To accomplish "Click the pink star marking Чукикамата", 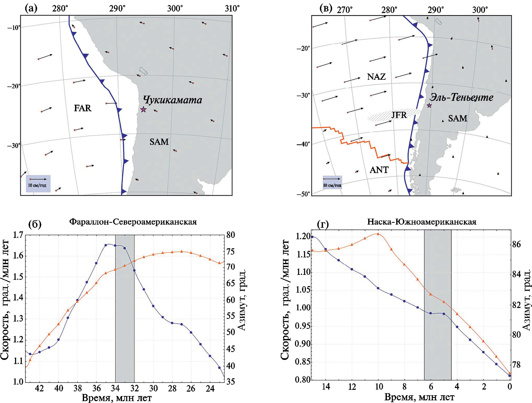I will point(143,109).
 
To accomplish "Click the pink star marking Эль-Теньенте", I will point(429,106).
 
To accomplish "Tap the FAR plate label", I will point(82,108).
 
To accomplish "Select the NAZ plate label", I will point(376,77).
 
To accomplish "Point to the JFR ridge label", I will point(399,115).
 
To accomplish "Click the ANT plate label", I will point(379,170).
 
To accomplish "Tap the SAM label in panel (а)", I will point(159,142).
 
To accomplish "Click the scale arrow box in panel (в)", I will point(332,182).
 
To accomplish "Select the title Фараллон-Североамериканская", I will point(133,222).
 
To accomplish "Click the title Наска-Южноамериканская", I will point(422,222).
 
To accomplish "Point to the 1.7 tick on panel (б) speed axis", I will point(18,235).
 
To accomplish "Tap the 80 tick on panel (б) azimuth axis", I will point(231,235).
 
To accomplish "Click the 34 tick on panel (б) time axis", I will point(115,388).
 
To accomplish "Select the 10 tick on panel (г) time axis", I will point(378,387).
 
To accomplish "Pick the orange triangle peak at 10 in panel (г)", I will point(378,234).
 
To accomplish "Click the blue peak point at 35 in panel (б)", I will point(106,245).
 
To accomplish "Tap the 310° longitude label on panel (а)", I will point(232,9).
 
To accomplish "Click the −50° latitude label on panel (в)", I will point(303,194).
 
